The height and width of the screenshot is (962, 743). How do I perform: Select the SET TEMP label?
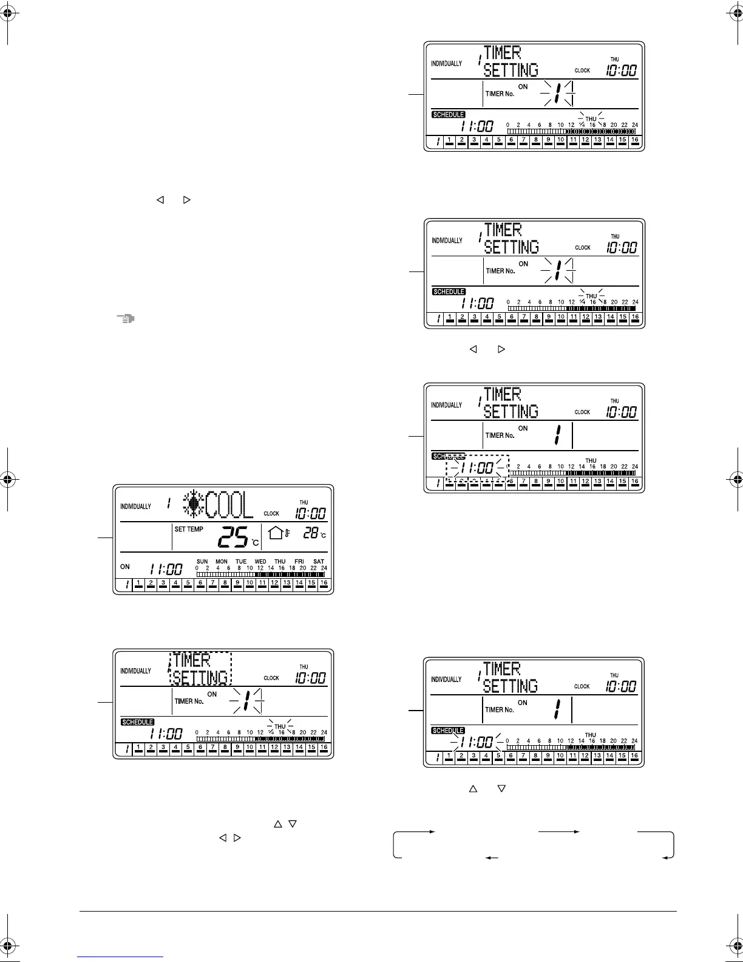point(189,530)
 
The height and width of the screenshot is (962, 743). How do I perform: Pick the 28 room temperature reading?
point(311,533)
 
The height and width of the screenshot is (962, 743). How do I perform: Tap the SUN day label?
point(202,562)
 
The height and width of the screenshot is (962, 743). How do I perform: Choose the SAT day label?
point(318,562)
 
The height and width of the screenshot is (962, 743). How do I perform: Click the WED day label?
point(260,562)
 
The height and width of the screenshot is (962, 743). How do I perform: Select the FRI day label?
point(299,562)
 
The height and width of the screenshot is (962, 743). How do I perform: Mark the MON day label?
point(222,562)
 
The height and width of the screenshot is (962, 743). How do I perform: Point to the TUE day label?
point(241,562)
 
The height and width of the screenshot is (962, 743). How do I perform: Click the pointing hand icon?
point(125,318)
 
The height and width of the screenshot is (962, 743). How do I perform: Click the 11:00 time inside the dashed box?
point(477,468)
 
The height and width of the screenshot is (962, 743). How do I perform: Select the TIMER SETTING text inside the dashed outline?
point(200,669)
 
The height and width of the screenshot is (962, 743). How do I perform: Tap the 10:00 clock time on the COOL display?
point(311,514)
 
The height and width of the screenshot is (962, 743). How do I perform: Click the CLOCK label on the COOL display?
point(271,514)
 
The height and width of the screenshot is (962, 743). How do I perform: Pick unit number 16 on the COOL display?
point(324,584)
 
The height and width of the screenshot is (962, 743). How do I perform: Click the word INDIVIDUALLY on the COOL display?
point(135,507)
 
